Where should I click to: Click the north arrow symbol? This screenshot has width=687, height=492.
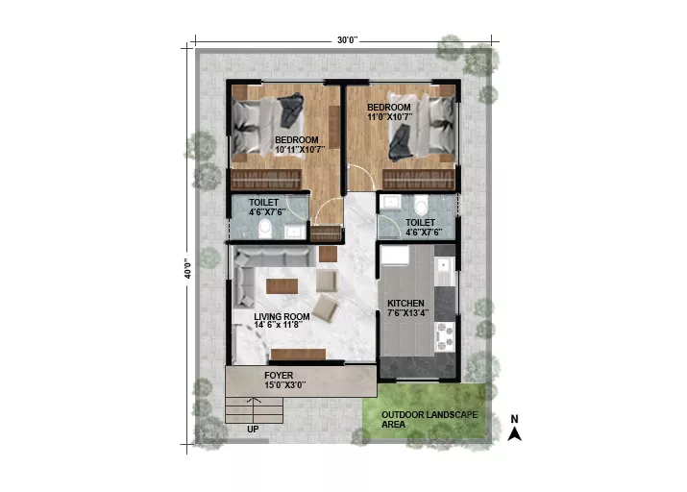click(514, 433)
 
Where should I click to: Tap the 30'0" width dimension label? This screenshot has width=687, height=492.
click(347, 40)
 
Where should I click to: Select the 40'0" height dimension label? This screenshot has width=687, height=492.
click(188, 268)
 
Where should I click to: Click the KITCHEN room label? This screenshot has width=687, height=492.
click(405, 303)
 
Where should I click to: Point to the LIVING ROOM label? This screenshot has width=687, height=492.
click(282, 316)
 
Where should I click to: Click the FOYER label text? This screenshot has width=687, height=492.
click(279, 376)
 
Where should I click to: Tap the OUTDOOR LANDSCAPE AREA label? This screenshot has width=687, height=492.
click(429, 419)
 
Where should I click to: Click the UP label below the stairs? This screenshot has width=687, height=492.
click(253, 430)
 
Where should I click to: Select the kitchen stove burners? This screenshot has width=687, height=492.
click(445, 336)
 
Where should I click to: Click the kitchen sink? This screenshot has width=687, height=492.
click(445, 266)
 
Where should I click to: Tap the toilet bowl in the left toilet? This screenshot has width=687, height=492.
click(264, 228)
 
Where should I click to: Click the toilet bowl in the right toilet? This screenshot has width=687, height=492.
click(421, 205)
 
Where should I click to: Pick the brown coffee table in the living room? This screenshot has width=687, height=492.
click(282, 286)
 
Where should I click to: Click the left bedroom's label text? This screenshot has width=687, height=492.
click(297, 140)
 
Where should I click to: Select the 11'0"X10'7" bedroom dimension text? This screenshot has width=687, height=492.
click(389, 116)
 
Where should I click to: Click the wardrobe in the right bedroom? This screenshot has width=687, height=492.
click(418, 180)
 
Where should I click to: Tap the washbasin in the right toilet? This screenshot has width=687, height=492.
click(390, 204)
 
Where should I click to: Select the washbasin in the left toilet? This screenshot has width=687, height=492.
click(295, 232)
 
